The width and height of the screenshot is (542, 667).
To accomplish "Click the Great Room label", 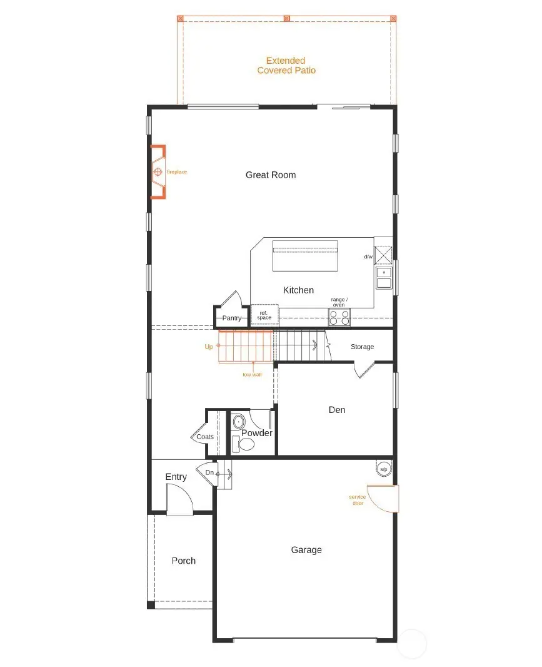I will [270, 175].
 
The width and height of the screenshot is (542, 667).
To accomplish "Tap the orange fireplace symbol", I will [158, 171].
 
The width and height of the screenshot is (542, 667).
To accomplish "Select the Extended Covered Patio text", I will [286, 66].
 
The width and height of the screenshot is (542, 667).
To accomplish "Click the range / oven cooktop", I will [339, 317].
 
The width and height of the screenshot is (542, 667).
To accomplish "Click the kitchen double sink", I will [383, 278].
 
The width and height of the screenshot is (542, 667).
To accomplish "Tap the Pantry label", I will [231, 318].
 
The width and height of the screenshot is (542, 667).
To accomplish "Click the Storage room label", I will [362, 347].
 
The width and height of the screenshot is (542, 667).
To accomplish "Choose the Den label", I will [337, 410].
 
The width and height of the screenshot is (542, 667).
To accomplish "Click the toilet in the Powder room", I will [246, 444].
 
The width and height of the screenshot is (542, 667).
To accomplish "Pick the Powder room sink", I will [238, 422].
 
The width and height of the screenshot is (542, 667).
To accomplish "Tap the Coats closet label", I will [205, 437].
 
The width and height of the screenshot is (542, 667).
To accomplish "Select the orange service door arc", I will [382, 499].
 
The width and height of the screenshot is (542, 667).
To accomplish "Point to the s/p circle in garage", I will [383, 469].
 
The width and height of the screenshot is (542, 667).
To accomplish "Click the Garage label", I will [306, 550].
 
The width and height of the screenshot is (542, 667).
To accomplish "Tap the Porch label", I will [183, 561].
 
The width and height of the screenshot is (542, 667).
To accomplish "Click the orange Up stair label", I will [208, 346].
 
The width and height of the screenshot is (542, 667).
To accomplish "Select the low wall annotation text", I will [252, 375].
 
